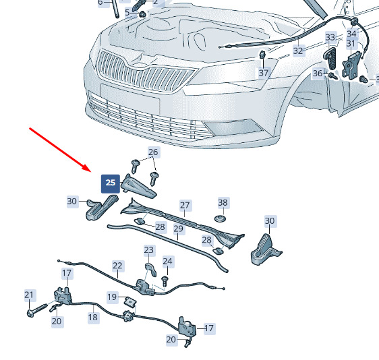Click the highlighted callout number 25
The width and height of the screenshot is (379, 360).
tap(111, 183)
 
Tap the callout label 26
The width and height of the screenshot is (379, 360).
tap(153, 152)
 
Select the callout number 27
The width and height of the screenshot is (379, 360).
tap(185, 206)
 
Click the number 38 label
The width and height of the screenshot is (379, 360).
tap(223, 202)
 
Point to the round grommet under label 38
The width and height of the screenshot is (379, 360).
tap(221, 219)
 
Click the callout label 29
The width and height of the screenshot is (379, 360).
tap(179, 229)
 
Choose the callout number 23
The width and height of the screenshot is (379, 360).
tap(148, 250)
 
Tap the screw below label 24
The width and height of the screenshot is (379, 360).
tap(165, 282)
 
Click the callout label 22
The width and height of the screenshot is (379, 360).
tap(117, 266)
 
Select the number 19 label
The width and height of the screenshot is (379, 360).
tap(112, 297)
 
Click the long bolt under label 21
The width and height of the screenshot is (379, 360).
tap(37, 310)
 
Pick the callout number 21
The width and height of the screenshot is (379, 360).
tap(29, 295)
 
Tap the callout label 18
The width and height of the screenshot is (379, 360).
tap(93, 317)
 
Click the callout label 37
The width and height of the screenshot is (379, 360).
tap(264, 73)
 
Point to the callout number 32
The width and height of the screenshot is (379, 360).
tap(298, 51)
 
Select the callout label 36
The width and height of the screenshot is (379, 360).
tap(318, 73)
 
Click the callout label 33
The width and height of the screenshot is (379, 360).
tap(330, 38)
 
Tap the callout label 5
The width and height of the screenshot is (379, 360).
tap(127, 12)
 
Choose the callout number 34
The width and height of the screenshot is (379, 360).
tap(351, 34)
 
